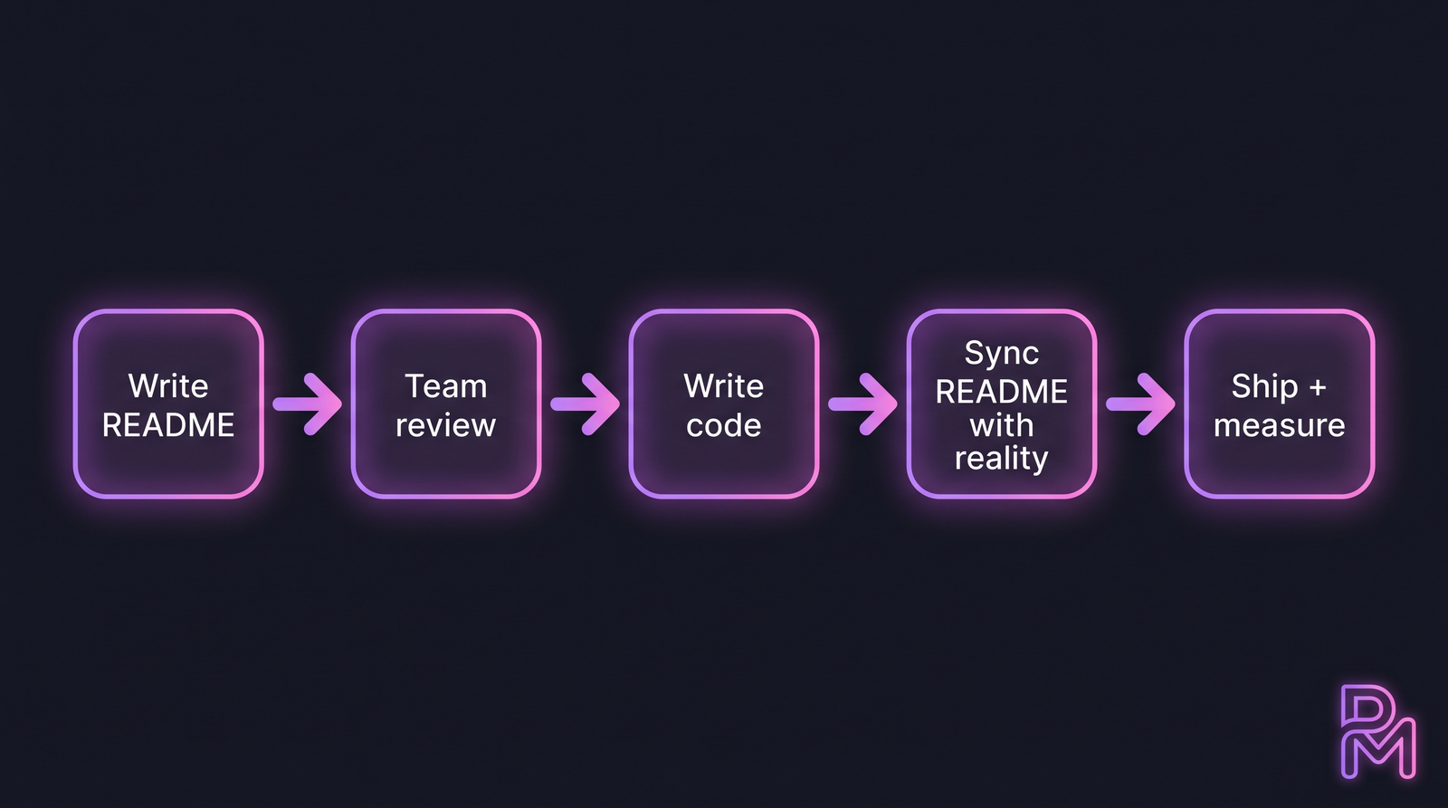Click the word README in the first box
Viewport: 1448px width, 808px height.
pyautogui.click(x=168, y=425)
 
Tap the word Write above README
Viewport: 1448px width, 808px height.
pyautogui.click(x=168, y=386)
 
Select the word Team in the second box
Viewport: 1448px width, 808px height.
pyautogui.click(x=445, y=386)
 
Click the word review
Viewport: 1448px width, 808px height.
pyautogui.click(x=445, y=425)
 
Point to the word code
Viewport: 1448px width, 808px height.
pyautogui.click(x=723, y=425)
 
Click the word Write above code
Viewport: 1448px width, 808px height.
pyautogui.click(x=723, y=386)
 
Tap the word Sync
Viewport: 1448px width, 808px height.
pyautogui.click(x=1001, y=353)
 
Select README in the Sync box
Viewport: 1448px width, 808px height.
pyautogui.click(x=1001, y=392)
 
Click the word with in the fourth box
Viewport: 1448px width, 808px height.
pyautogui.click(x=1001, y=425)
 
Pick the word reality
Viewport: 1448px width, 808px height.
pyautogui.click(x=1001, y=459)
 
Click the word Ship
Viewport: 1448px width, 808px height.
pyautogui.click(x=1264, y=386)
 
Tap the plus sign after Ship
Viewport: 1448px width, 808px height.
pyautogui.click(x=1318, y=387)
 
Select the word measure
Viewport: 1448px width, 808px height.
pyautogui.click(x=1279, y=425)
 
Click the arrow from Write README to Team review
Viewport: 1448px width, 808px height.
pyautogui.click(x=308, y=404)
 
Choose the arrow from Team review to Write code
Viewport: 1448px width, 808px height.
pyautogui.click(x=586, y=404)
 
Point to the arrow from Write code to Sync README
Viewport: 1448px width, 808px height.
pyautogui.click(x=863, y=404)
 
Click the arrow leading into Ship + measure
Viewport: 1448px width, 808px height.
pyautogui.click(x=1141, y=404)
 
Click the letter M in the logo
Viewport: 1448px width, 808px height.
pyautogui.click(x=1381, y=751)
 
